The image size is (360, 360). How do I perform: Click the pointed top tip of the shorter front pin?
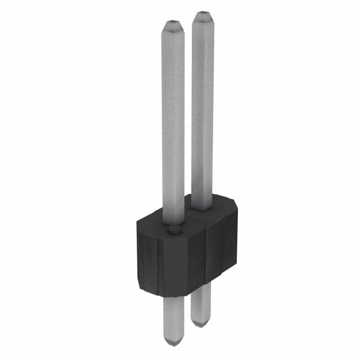click(x=173, y=23)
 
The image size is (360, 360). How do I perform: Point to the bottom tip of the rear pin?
click(x=200, y=325)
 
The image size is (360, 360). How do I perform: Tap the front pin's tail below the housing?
click(x=174, y=317)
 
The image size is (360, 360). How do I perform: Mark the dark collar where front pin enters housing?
click(x=174, y=229)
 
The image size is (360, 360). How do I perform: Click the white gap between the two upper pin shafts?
click(x=188, y=112)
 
